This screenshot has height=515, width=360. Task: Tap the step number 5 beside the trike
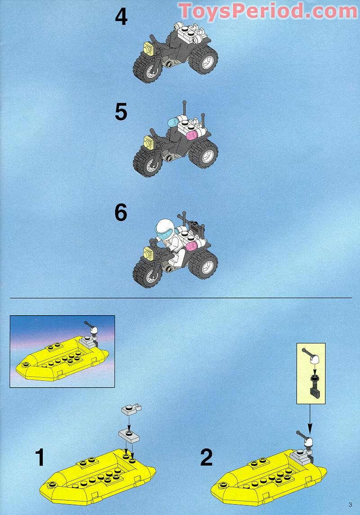click(x=121, y=112)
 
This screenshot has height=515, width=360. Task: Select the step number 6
click(x=121, y=213)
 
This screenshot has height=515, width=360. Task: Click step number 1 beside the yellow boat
click(x=40, y=458)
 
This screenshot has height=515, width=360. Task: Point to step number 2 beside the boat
click(x=207, y=458)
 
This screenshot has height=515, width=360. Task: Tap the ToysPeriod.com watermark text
click(x=267, y=11)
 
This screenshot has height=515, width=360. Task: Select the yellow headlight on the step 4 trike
click(x=149, y=48)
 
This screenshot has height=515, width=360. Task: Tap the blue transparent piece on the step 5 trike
click(x=174, y=122)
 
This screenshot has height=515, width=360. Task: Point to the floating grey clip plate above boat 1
click(x=131, y=410)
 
